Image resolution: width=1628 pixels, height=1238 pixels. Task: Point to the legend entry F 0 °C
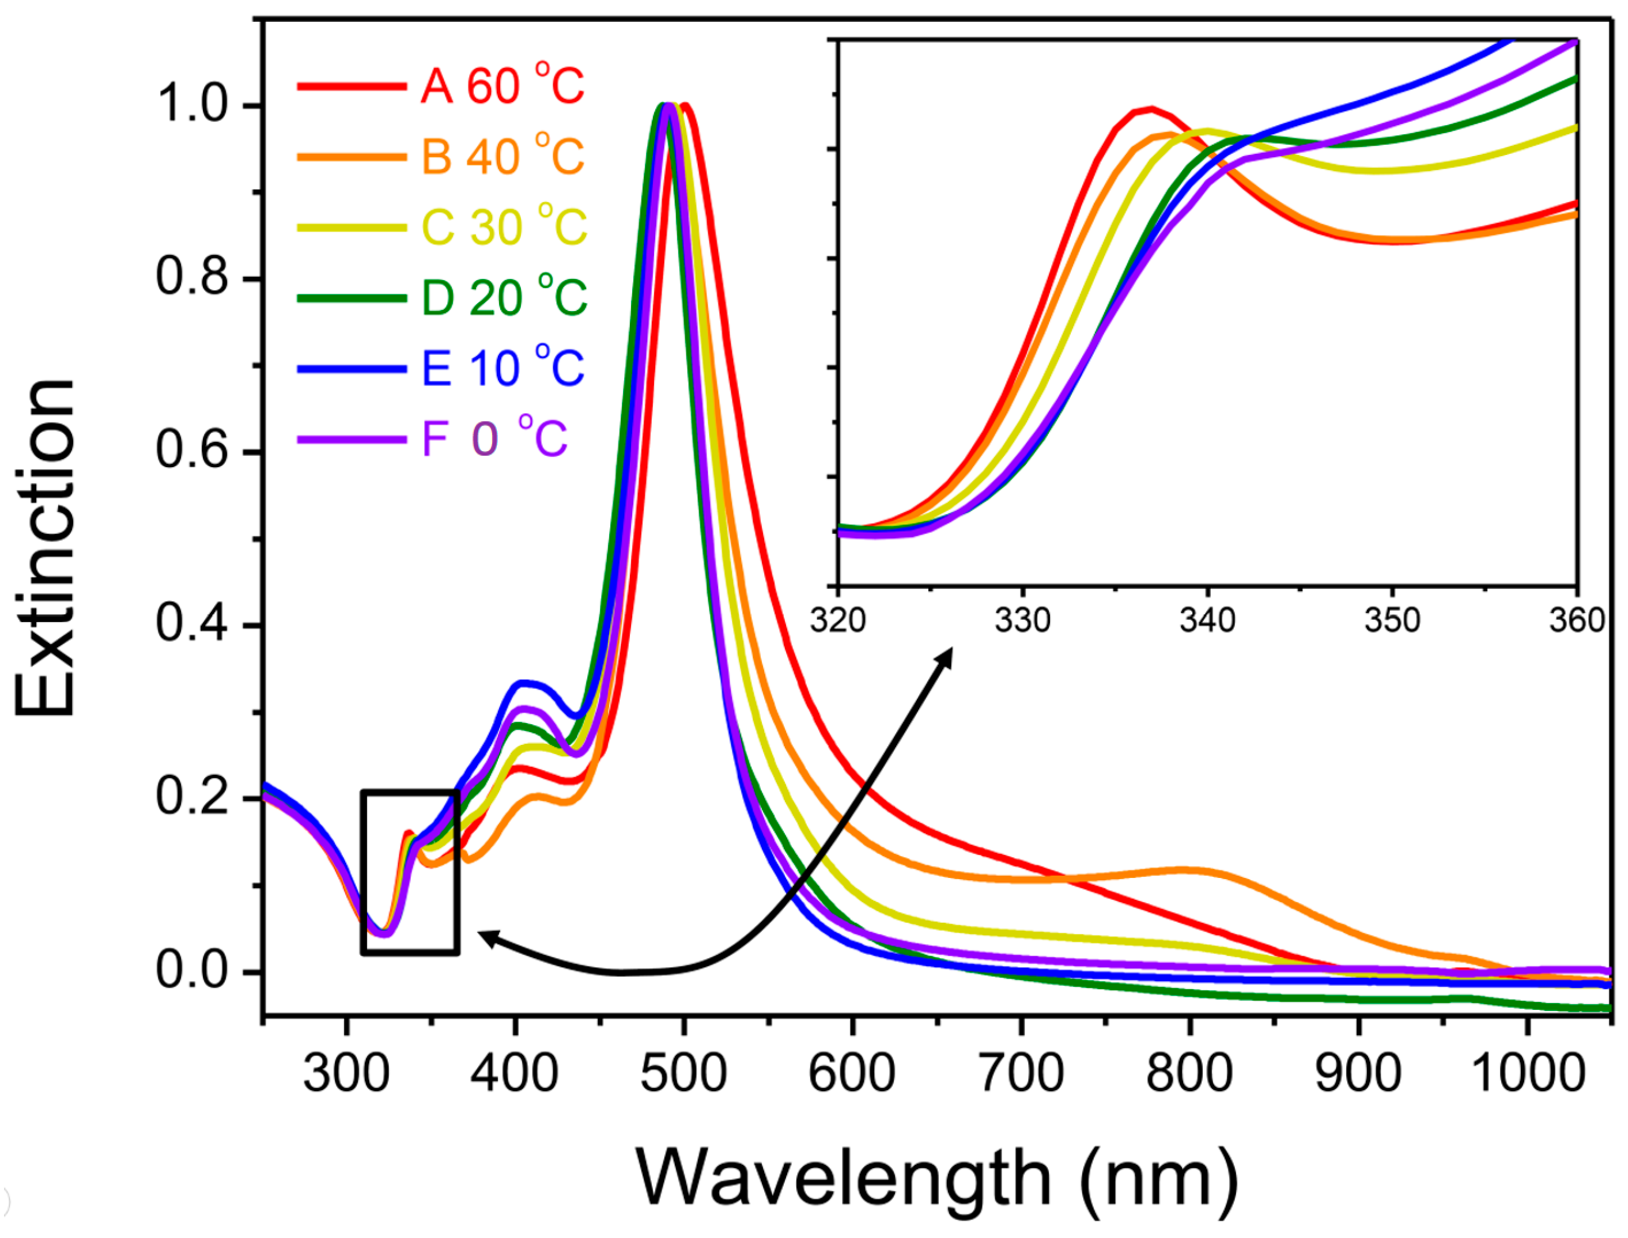(494, 438)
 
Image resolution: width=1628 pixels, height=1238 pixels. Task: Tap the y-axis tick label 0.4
(191, 625)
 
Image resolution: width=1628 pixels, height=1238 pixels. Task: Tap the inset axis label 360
(1576, 620)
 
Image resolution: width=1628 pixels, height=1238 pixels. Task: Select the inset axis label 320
(838, 620)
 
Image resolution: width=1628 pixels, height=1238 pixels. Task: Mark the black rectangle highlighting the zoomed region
(410, 792)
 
